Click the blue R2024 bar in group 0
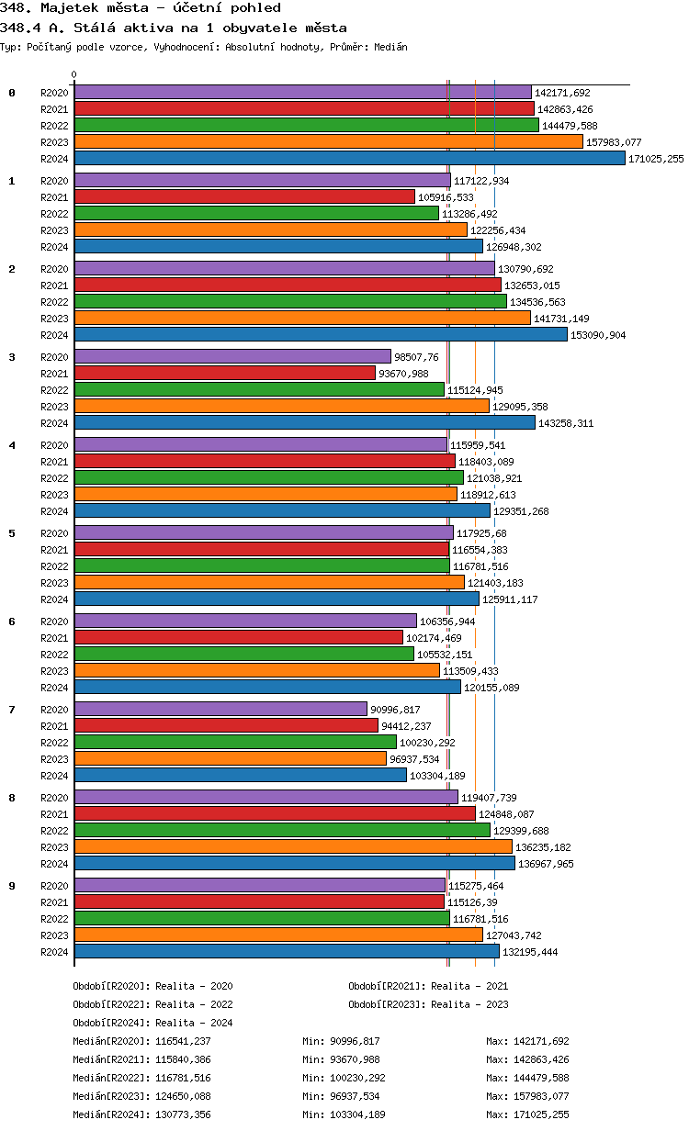pyautogui.click(x=349, y=159)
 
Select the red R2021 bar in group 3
pyautogui.click(x=225, y=374)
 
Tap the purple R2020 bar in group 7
pyautogui.click(x=220, y=710)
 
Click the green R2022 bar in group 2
pyautogui.click(x=290, y=302)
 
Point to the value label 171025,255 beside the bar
pyautogui.click(x=656, y=159)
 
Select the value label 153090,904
pyautogui.click(x=598, y=335)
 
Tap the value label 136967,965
pyautogui.click(x=546, y=864)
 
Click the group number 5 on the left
pyautogui.click(x=12, y=533)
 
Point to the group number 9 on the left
pyautogui.click(x=12, y=886)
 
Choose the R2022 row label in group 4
pyautogui.click(x=54, y=478)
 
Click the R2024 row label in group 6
pyautogui.click(x=54, y=688)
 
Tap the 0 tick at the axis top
pyautogui.click(x=74, y=75)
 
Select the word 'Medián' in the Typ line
pyautogui.click(x=390, y=47)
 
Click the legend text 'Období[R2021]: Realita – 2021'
pyautogui.click(x=428, y=986)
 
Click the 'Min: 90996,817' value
pyautogui.click(x=341, y=1041)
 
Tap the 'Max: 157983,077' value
pyautogui.click(x=527, y=1096)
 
